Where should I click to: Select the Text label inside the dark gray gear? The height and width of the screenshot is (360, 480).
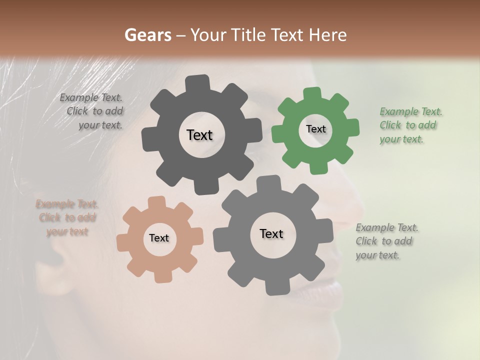pyautogui.click(x=199, y=135)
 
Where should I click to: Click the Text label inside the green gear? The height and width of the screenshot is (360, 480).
pyautogui.click(x=315, y=129)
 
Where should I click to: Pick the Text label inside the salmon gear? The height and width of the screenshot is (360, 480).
pyautogui.click(x=159, y=238)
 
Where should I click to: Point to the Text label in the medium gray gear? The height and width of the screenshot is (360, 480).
pyautogui.click(x=271, y=233)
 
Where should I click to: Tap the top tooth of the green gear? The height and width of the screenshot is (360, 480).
pyautogui.click(x=312, y=94)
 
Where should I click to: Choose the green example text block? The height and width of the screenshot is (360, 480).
pyautogui.click(x=410, y=125)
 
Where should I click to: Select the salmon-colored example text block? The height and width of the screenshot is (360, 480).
pyautogui.click(x=66, y=217)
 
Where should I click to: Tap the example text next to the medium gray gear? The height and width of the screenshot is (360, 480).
pyautogui.click(x=386, y=241)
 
